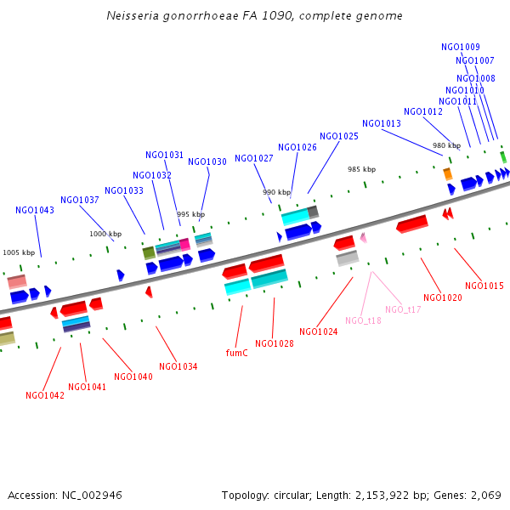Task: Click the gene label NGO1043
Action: click(35, 211)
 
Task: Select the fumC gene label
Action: click(237, 352)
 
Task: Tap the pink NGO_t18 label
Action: click(363, 320)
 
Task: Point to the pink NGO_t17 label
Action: click(403, 309)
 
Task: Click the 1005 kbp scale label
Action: click(19, 252)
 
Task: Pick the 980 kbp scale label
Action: click(446, 145)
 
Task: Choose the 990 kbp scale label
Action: click(276, 192)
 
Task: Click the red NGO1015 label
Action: click(484, 286)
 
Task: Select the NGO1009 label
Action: click(461, 47)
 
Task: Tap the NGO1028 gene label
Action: click(275, 343)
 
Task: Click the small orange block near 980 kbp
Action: click(447, 173)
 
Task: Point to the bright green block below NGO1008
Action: click(503, 156)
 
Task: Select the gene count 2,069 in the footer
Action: click(485, 495)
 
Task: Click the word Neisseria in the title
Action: click(132, 15)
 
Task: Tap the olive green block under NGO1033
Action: click(149, 252)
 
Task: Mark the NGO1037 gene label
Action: click(80, 201)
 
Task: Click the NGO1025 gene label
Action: click(339, 136)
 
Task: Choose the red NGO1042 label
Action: click(45, 395)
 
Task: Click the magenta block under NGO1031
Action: click(184, 244)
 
